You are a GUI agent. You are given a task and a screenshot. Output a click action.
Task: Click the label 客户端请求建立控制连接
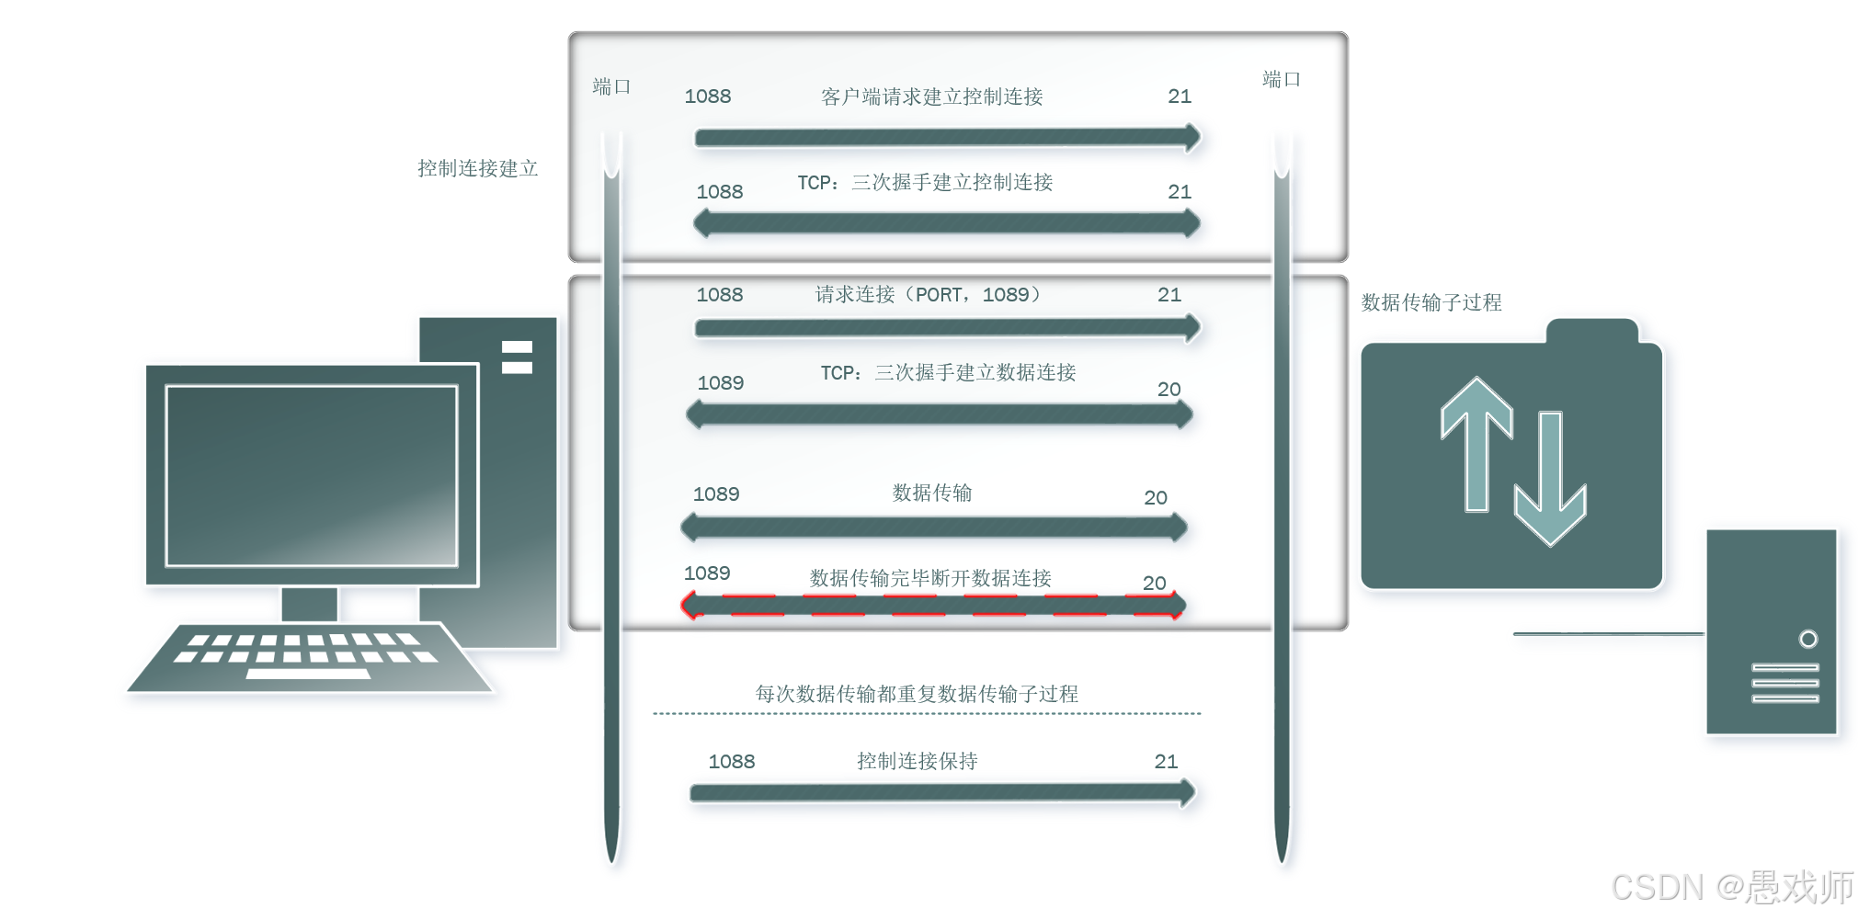pos(931,96)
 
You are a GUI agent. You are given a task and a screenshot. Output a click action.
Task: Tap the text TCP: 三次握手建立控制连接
pos(925,182)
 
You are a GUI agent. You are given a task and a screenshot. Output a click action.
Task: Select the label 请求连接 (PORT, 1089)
pos(928,294)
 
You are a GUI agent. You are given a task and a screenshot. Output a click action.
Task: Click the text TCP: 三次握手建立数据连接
pos(948,372)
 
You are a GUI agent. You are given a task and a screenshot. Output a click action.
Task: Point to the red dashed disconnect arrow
pos(932,606)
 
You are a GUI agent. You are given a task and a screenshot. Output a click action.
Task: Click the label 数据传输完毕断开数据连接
pos(930,578)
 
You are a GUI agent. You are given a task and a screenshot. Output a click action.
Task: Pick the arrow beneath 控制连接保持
pos(942,793)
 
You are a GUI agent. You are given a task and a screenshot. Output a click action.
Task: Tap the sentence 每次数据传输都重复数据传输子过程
pos(917,694)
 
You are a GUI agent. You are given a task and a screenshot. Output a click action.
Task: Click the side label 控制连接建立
pos(477,168)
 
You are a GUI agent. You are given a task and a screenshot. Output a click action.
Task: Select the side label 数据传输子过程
pos(1431,302)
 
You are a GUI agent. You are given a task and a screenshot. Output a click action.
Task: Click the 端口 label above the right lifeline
pos(1281,79)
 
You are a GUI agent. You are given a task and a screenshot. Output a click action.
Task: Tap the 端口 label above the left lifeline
pos(611,86)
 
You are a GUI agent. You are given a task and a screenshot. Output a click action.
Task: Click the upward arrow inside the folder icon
pos(1476,441)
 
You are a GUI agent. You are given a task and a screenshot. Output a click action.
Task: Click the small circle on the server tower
pos(1807,639)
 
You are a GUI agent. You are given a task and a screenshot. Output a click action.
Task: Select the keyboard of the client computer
pos(308,657)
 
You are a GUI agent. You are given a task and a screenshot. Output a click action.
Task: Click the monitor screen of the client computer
pos(311,475)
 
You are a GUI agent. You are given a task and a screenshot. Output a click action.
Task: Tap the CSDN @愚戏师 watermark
pos(1732,887)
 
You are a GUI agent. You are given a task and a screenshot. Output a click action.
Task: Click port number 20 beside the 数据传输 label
pos(1156,497)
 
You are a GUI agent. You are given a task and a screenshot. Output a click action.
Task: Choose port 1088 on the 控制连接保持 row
pos(731,762)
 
